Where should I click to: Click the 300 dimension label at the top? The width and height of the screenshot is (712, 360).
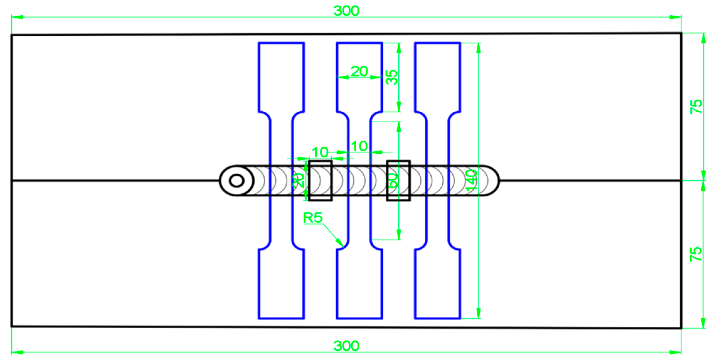pyautogui.click(x=346, y=11)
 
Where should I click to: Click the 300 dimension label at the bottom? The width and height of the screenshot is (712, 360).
pyautogui.click(x=346, y=346)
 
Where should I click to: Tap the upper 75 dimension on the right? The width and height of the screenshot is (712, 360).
pyautogui.click(x=696, y=107)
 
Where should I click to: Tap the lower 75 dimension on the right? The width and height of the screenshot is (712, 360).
pyautogui.click(x=696, y=254)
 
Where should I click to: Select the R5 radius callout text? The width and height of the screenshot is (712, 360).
pyautogui.click(x=313, y=218)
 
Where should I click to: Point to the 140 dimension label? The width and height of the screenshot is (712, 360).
pyautogui.click(x=471, y=180)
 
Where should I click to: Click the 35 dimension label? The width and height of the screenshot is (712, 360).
pyautogui.click(x=392, y=77)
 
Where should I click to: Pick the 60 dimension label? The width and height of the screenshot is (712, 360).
pyautogui.click(x=393, y=181)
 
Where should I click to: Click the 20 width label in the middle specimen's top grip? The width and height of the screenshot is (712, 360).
pyautogui.click(x=359, y=71)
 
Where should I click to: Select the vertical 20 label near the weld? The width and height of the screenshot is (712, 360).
pyautogui.click(x=299, y=181)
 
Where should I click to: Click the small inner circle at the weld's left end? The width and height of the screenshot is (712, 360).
pyautogui.click(x=237, y=181)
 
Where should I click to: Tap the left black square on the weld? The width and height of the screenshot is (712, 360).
pyautogui.click(x=320, y=181)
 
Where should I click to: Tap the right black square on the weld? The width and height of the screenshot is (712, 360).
pyautogui.click(x=398, y=181)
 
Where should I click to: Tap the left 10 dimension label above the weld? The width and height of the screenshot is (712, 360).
pyautogui.click(x=320, y=152)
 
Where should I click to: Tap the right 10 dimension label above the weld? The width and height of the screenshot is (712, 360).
pyautogui.click(x=359, y=146)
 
